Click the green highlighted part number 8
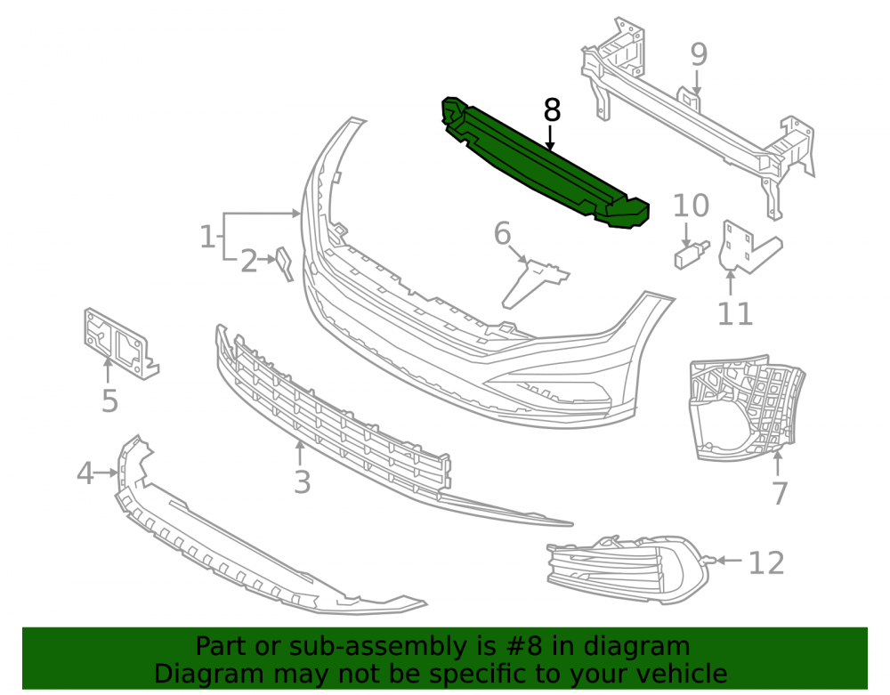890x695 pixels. pos(545,165)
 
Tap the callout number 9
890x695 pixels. pos(699,54)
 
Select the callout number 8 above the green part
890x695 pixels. pos(552,110)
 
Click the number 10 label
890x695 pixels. pos(691,206)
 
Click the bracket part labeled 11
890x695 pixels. pos(748,246)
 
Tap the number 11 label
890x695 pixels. pos(735,314)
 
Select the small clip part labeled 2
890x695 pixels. pos(285,263)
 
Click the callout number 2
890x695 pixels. pos(248,262)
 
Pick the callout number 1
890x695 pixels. pos(207,236)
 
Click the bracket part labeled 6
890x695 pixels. pos(533,282)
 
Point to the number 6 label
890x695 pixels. pos(502,233)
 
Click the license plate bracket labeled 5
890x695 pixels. pos(120,343)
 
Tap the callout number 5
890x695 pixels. pos(109,400)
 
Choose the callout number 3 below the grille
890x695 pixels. pos(302,482)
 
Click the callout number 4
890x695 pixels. pos(85,473)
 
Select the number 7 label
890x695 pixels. pos(780,493)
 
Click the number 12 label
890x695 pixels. pos(766,562)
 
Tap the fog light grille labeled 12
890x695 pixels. pos(627,569)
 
